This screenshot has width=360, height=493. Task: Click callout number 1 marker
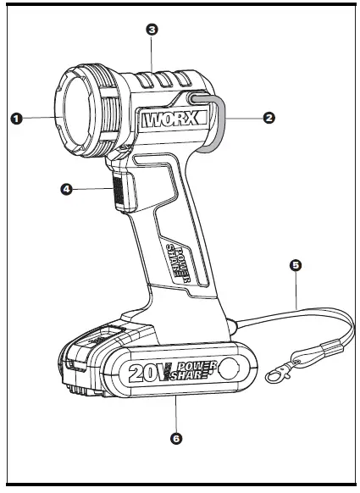coord(15,118)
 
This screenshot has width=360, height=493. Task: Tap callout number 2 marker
coord(269,118)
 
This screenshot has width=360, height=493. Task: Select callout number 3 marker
coord(152,30)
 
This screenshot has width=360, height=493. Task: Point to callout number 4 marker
coord(66,190)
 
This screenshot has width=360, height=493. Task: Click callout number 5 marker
coord(295,265)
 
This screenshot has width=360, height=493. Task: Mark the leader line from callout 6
coord(175,415)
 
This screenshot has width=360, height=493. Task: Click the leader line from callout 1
coord(38,118)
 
